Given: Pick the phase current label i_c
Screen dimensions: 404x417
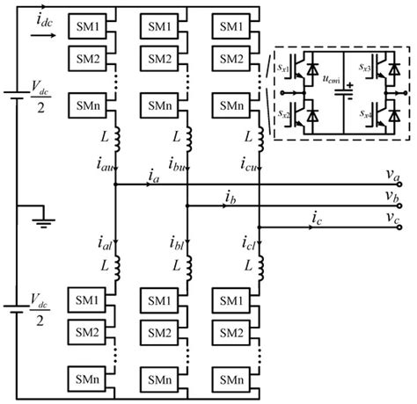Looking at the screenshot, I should click(315, 215).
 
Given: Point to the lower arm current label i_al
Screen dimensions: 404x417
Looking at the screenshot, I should click(104, 243).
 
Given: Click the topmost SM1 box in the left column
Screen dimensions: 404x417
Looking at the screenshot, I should click(89, 25).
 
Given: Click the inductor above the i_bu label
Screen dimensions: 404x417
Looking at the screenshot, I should click(188, 139).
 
